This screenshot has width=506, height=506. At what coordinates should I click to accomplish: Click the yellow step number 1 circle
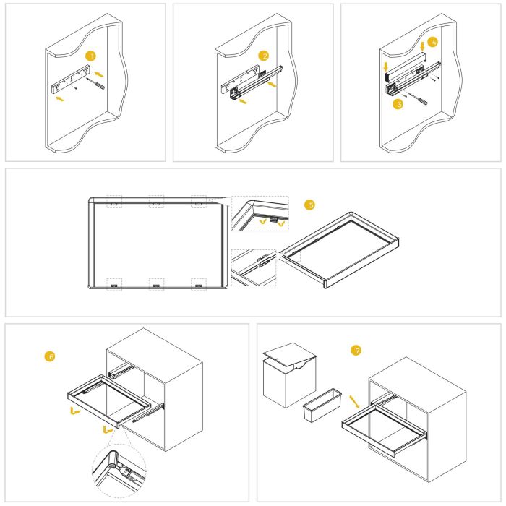coord(90,56)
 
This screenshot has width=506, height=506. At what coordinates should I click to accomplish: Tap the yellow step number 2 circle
coord(265,56)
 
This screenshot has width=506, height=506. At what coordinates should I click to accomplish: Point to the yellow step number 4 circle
coord(432,43)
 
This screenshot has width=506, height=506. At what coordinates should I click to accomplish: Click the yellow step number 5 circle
coord(311,205)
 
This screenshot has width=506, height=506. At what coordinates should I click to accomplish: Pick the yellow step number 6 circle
coord(49,356)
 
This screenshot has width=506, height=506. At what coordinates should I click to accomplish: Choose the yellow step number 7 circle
coord(355,351)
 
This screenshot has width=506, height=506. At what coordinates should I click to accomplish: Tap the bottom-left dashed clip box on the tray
coord(114,283)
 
